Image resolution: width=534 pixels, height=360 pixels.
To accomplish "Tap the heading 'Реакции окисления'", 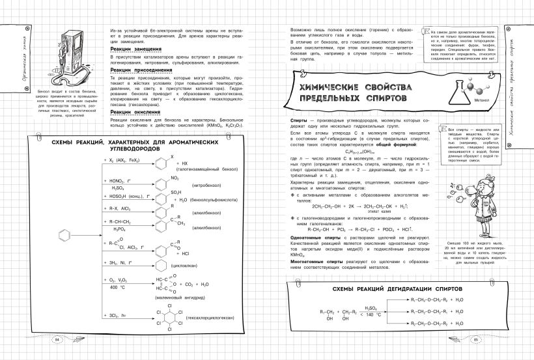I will [135, 113].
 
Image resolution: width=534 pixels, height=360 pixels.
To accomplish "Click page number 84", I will [57, 339].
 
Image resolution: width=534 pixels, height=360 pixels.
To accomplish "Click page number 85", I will [476, 339].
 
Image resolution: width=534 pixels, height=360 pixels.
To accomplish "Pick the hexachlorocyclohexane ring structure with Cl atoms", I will [167, 318].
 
